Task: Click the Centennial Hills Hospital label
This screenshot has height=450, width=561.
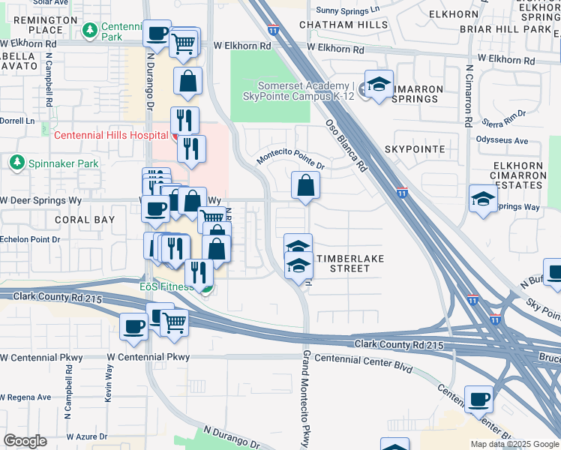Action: tap(110, 135)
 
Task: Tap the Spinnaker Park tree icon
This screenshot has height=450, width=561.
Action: tap(16, 163)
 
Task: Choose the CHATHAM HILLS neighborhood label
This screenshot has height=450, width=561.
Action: tap(343, 25)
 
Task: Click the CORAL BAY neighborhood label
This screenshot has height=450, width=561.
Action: tap(85, 220)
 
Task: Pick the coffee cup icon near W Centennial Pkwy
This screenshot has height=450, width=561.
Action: tap(134, 327)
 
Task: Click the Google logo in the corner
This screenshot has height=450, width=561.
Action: tap(25, 441)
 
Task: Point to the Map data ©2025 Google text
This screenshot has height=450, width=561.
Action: tap(514, 444)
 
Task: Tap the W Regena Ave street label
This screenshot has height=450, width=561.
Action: tap(25, 397)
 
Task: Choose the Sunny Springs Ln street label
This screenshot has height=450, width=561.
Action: tap(347, 10)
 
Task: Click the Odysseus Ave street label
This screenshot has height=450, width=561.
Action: tap(502, 140)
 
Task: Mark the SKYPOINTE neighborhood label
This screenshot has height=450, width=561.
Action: tap(415, 149)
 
